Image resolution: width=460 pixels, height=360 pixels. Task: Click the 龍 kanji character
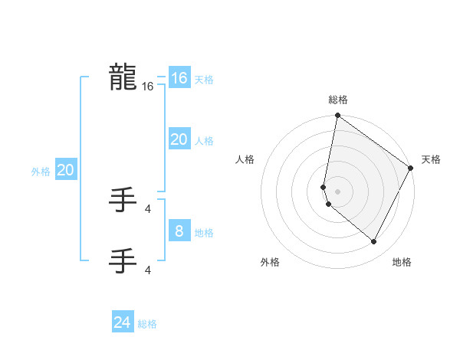123,77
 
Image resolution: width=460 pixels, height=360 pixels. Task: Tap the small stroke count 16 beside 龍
147,87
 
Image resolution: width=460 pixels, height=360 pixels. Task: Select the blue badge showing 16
179,78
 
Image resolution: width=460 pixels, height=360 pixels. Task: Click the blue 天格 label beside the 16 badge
204,80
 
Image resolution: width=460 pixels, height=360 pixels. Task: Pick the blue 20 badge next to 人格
179,139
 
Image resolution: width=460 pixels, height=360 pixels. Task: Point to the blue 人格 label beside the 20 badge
204,141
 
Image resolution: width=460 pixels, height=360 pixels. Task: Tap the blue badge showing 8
179,231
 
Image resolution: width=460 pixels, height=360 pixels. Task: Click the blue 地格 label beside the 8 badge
204,233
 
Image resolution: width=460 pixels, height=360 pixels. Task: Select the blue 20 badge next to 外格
65,170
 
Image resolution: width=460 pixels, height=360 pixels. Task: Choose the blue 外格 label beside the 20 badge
41,172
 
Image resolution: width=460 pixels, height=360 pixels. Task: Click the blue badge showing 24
122,322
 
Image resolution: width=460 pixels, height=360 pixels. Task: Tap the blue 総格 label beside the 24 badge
147,325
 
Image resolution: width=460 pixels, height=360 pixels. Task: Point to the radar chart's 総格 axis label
338,100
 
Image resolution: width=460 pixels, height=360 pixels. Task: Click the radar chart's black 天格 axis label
431,159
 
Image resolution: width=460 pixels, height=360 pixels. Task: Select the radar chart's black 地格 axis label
402,262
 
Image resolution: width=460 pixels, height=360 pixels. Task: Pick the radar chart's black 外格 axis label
270,262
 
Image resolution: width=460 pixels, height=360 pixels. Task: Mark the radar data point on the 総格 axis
337,116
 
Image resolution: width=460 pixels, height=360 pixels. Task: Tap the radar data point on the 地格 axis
373,242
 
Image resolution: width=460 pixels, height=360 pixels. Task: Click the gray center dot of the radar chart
337,191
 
